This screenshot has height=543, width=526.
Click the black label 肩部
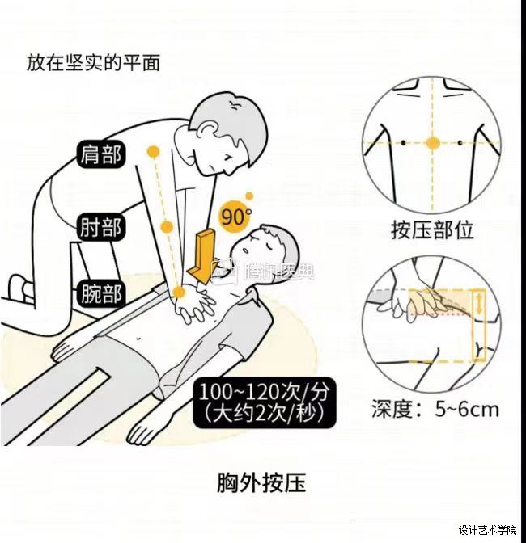[x=100, y=154]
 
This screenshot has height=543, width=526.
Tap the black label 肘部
[x=100, y=227]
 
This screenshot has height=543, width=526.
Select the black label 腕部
[x=100, y=294]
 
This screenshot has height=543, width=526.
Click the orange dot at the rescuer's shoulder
[x=154, y=152]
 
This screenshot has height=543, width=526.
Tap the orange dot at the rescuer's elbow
[x=168, y=227]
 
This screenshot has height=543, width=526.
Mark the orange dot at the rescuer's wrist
[x=179, y=293]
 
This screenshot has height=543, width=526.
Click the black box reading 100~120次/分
[x=265, y=402]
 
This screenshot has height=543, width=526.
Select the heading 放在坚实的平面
[x=93, y=63]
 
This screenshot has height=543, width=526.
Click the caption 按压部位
[x=432, y=229]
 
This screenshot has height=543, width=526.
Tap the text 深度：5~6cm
[x=435, y=409]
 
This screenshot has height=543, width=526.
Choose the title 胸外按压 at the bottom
[x=261, y=483]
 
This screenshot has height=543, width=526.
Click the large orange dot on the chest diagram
[x=432, y=143]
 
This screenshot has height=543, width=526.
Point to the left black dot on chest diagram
[x=403, y=142]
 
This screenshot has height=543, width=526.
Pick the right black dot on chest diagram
[x=460, y=142]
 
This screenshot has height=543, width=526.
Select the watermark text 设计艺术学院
[x=488, y=530]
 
